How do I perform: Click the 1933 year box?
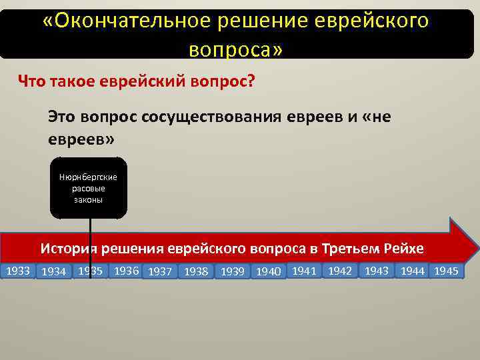click(x=18, y=271)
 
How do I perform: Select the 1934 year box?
click(x=53, y=271)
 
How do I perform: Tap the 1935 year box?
click(x=90, y=271)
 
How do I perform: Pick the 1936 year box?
click(x=126, y=271)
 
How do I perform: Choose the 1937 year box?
click(x=161, y=271)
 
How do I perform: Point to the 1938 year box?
click(x=196, y=271)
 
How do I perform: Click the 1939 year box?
click(x=232, y=271)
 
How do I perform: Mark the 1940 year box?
click(x=268, y=271)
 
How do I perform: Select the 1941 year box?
click(x=303, y=271)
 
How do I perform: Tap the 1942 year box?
click(x=339, y=271)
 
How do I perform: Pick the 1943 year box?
click(x=376, y=271)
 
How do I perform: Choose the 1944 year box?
click(x=412, y=271)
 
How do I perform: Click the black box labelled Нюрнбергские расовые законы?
click(x=89, y=188)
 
